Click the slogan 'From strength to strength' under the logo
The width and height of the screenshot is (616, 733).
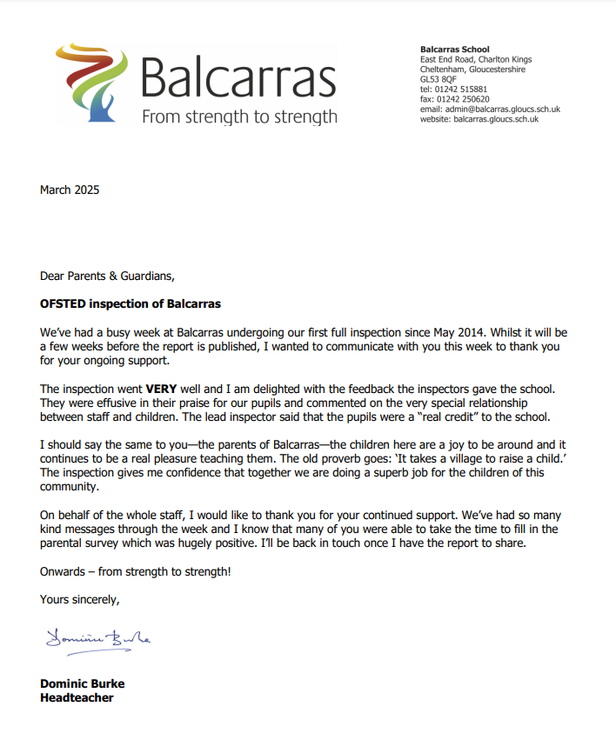(239, 116)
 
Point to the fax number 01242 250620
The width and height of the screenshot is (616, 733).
(465, 99)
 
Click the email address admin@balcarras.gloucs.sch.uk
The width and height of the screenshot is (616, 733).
(505, 110)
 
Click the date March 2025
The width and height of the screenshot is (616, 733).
(70, 190)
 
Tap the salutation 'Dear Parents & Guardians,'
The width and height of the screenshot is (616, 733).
(108, 277)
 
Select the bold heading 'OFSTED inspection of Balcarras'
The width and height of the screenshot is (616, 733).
(131, 304)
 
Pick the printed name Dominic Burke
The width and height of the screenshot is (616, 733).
(82, 683)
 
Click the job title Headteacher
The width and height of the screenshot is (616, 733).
(77, 697)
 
